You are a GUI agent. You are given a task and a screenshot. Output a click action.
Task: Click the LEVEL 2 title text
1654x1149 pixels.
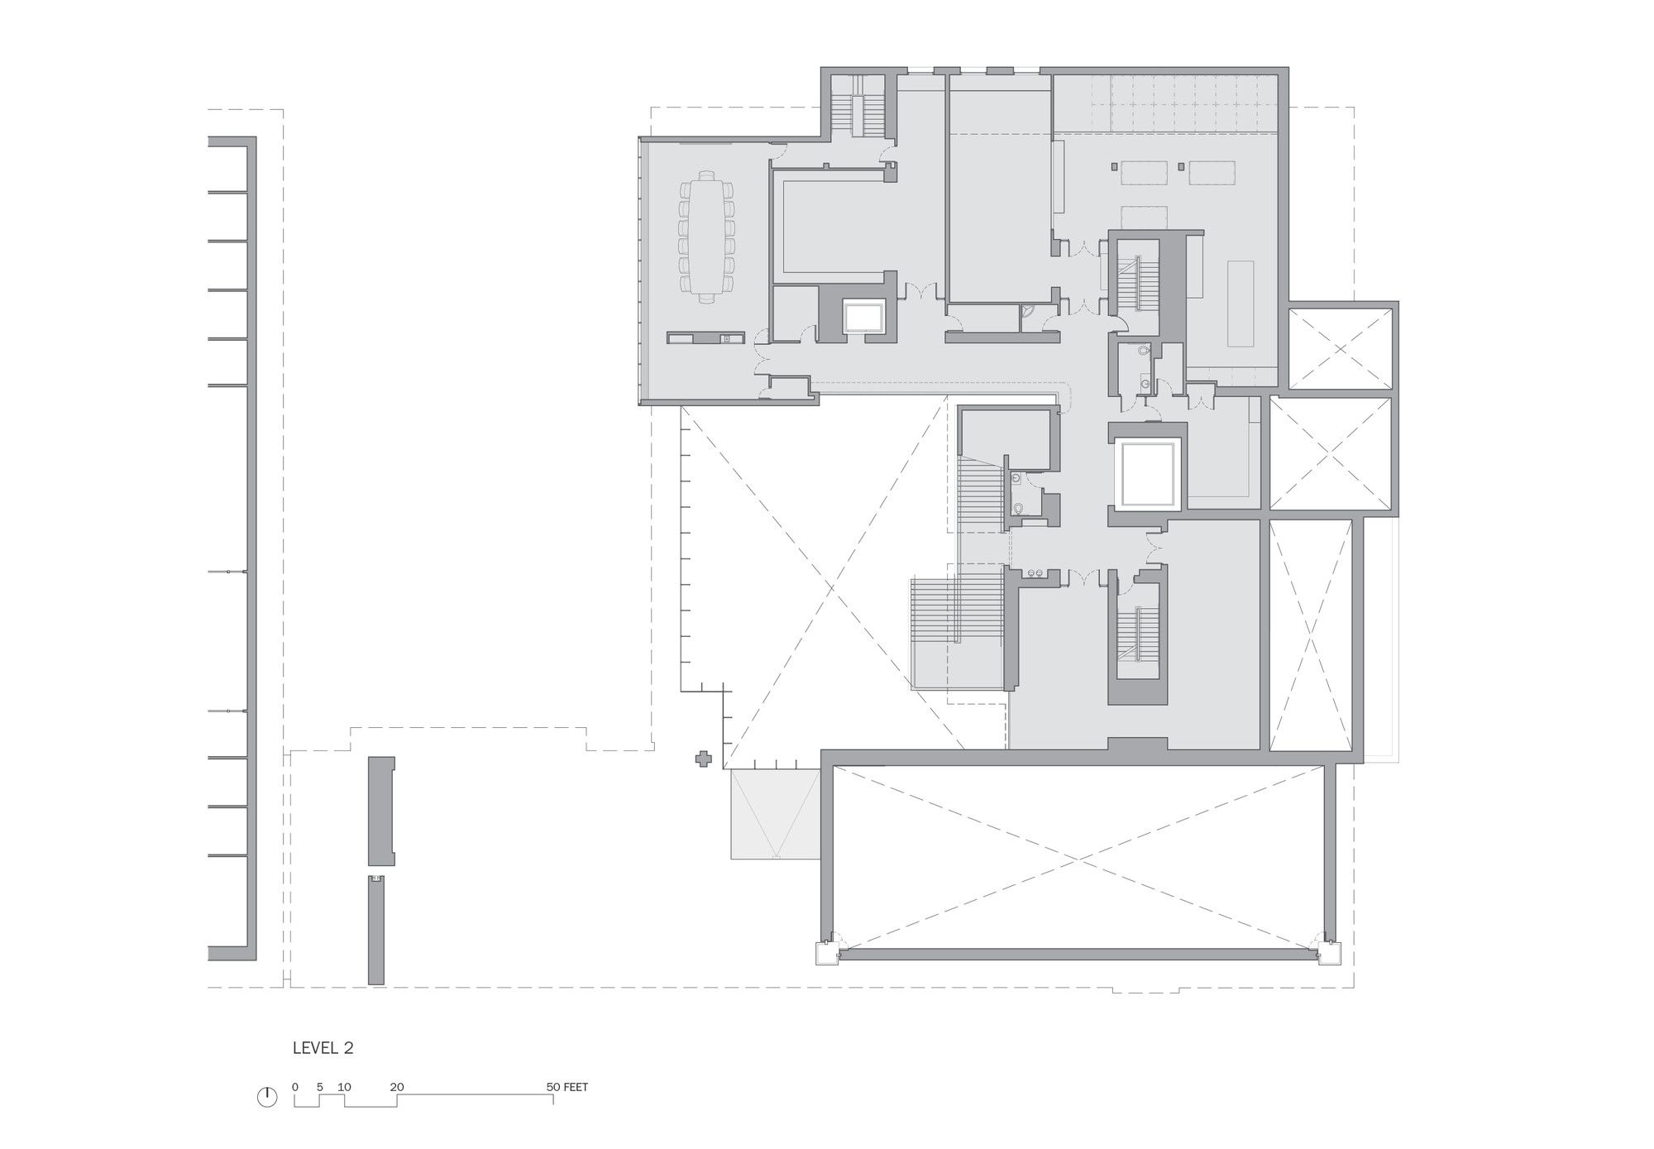click(x=323, y=1048)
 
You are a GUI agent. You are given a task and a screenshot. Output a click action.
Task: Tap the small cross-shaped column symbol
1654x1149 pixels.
click(x=703, y=759)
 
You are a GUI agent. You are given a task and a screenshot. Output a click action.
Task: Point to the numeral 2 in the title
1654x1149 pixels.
click(x=349, y=1048)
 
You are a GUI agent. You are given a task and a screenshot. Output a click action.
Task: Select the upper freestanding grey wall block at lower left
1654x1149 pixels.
click(x=380, y=810)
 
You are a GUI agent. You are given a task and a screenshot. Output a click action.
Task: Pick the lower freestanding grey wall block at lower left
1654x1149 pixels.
click(x=376, y=930)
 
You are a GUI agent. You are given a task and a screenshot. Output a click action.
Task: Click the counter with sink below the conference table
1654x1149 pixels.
click(x=706, y=338)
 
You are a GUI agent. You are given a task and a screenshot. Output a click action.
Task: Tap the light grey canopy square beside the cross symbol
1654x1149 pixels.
click(x=776, y=814)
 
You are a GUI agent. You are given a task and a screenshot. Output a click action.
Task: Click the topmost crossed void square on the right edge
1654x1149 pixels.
click(x=1340, y=346)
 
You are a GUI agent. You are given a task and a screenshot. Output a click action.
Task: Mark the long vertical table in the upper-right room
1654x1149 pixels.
click(x=1240, y=304)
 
